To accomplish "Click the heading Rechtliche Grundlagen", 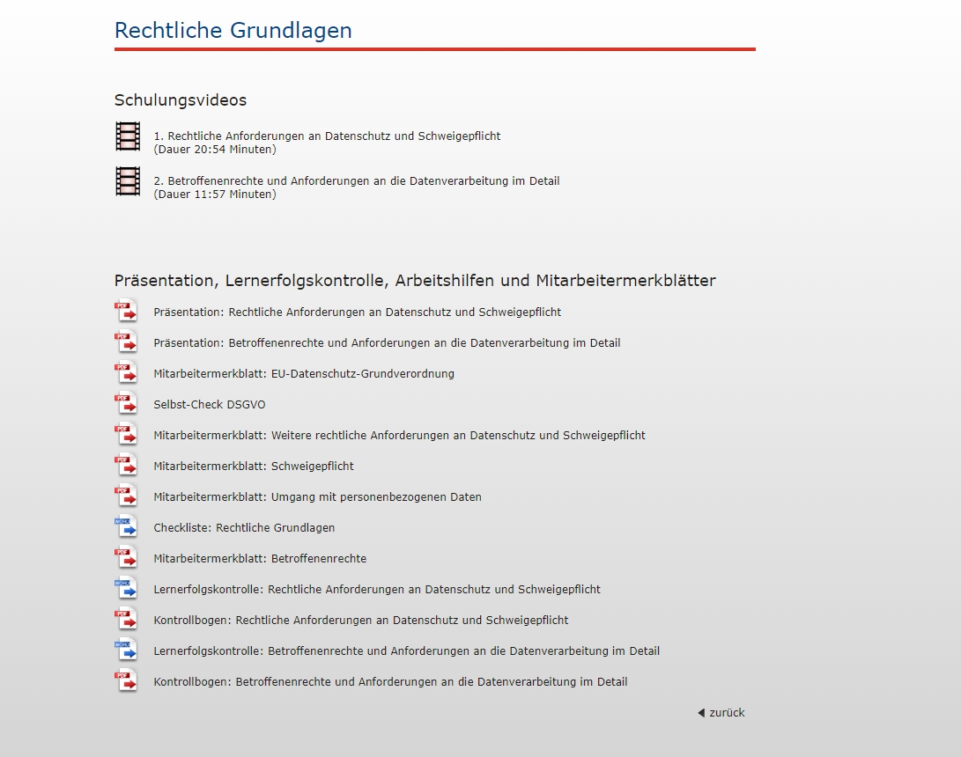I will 233,31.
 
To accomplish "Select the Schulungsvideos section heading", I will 180,100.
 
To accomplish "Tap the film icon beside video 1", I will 128,136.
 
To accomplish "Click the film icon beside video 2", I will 128,181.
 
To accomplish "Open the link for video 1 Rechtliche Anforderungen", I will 327,136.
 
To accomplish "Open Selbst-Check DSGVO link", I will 209,405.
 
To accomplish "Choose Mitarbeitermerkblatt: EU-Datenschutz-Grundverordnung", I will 303,374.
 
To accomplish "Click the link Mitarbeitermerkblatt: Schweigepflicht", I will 253,467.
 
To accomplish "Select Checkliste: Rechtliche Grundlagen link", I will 244,528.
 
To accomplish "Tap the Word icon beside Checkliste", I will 126,526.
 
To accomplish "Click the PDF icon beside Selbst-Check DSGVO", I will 126,403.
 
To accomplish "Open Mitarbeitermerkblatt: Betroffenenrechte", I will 259,559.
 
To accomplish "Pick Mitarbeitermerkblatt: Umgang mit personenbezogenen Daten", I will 317,497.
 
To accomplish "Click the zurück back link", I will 727,713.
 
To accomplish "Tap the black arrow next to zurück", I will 701,713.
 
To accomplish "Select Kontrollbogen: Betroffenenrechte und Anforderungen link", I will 390,682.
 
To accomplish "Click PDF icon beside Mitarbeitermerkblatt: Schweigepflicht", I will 126,465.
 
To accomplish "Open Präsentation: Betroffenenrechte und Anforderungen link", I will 387,343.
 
